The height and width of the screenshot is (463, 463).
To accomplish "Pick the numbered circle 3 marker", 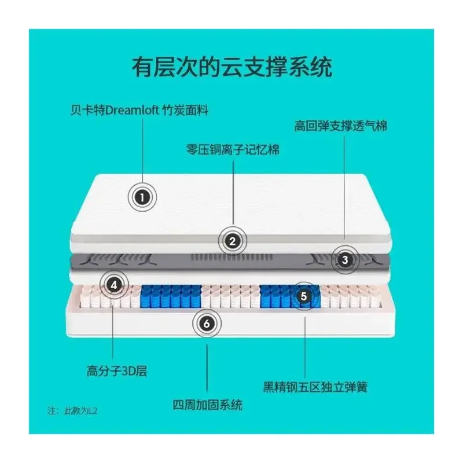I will (345, 260).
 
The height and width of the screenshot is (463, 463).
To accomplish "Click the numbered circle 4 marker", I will (115, 284).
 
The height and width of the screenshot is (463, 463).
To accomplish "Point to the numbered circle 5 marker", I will (304, 295).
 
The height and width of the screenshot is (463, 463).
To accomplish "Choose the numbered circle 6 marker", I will (207, 324).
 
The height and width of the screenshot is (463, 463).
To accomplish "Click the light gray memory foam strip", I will (174, 238).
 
